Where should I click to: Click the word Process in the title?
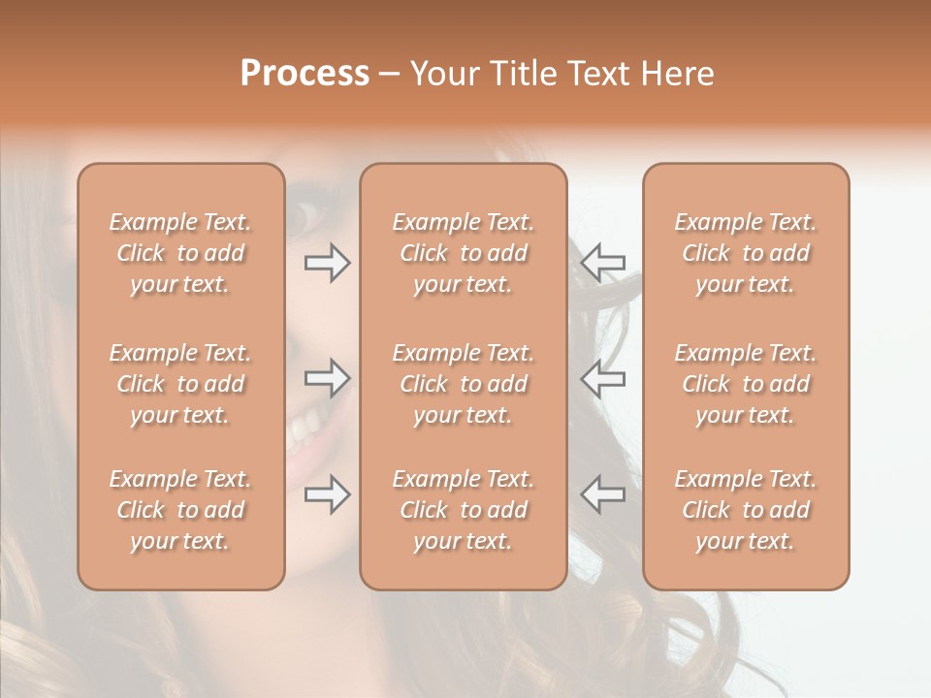[305, 74]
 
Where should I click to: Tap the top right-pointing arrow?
[327, 262]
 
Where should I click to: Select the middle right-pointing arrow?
[327, 378]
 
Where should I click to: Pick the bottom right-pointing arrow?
[327, 494]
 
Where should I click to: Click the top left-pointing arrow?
[603, 262]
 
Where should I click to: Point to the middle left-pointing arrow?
[603, 378]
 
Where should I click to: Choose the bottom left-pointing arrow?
[603, 494]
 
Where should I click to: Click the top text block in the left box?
[180, 253]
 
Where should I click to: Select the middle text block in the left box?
[180, 384]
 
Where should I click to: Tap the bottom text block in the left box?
[180, 510]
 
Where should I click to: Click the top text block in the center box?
[464, 253]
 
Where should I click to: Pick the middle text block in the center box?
[464, 384]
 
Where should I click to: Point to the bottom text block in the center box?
[464, 510]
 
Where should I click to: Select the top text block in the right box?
[746, 253]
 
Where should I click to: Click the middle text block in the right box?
[746, 384]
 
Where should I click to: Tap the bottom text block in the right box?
[746, 510]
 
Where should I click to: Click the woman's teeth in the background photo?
[308, 422]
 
